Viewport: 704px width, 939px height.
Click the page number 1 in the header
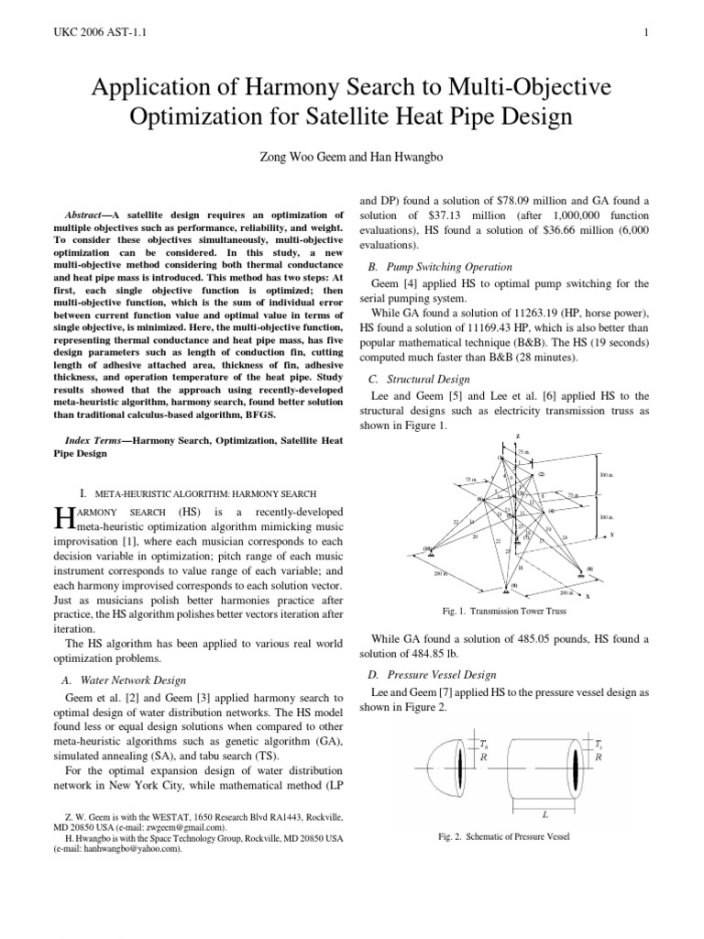pos(646,35)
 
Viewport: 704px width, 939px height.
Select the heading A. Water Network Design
pos(132,679)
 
